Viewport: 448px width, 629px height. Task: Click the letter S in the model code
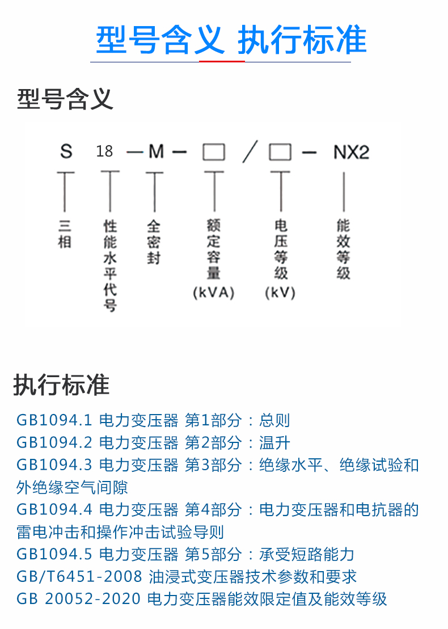pyautogui.click(x=66, y=151)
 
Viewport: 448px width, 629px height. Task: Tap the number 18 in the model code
pyautogui.click(x=104, y=151)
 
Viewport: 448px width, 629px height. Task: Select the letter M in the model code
pyautogui.click(x=156, y=151)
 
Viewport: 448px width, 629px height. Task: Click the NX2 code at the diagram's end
pyautogui.click(x=351, y=153)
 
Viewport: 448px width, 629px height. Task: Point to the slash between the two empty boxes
pyautogui.click(x=250, y=151)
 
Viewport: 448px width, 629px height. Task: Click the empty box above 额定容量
pyautogui.click(x=214, y=152)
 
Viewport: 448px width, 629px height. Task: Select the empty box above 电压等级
pyautogui.click(x=280, y=152)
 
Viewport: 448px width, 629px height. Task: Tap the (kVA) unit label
pyautogui.click(x=213, y=293)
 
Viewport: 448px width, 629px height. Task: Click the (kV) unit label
pyautogui.click(x=280, y=293)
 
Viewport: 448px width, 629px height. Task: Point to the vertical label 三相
pyautogui.click(x=65, y=234)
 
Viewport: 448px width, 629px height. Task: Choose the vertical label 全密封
pyautogui.click(x=154, y=242)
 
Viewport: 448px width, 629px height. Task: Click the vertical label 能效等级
pyautogui.click(x=343, y=249)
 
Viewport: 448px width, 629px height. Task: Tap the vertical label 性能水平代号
pyautogui.click(x=110, y=265)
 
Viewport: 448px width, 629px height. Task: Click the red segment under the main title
pyautogui.click(x=222, y=61)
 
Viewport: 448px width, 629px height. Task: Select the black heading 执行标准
pyautogui.click(x=61, y=385)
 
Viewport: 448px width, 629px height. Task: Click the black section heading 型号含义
pyautogui.click(x=65, y=99)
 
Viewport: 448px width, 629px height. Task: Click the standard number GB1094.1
pyautogui.click(x=54, y=420)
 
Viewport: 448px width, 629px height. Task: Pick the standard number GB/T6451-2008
pyautogui.click(x=79, y=577)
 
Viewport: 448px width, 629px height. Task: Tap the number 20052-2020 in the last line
pyautogui.click(x=92, y=599)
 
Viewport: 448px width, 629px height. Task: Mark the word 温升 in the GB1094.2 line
pyautogui.click(x=274, y=443)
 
